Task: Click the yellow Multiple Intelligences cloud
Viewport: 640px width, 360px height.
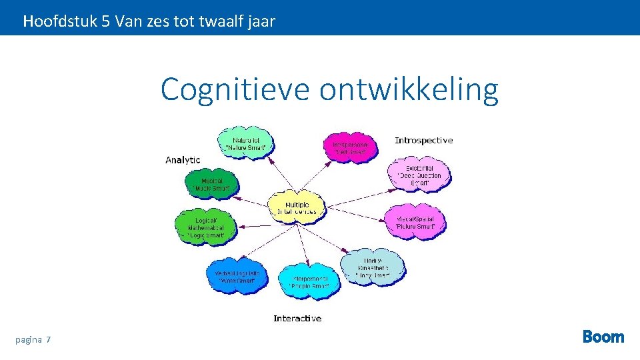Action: [297, 207]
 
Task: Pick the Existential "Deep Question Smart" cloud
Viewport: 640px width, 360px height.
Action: [419, 175]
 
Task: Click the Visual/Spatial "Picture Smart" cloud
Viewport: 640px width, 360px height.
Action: [415, 222]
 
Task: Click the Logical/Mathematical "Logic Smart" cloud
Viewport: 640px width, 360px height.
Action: [205, 227]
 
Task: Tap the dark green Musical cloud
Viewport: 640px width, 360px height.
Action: [212, 184]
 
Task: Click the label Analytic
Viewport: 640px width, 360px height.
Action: [183, 160]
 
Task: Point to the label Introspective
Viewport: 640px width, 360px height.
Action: [423, 140]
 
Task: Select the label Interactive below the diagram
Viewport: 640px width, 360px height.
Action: [297, 319]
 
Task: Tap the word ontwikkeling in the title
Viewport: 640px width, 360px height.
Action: [409, 89]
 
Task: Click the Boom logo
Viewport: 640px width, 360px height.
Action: [603, 337]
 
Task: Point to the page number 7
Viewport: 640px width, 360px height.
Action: [49, 340]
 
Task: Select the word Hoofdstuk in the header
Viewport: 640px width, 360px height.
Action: [60, 21]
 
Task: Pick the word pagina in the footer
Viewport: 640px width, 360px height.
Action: [28, 340]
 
